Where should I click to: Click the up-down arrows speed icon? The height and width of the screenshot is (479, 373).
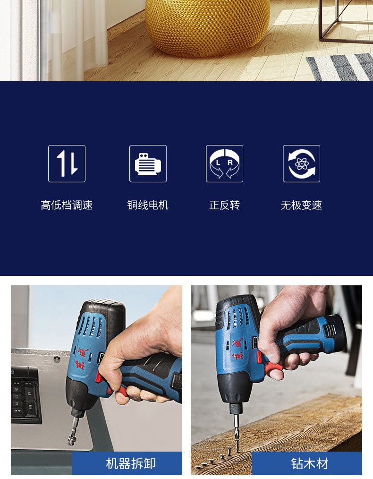(x=67, y=164)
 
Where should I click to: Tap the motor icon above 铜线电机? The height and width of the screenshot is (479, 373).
(x=148, y=164)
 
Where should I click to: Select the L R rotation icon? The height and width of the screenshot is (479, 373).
(x=224, y=164)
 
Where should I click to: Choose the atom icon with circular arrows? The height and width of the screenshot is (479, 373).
(x=301, y=164)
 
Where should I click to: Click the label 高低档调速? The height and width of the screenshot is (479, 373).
(x=67, y=205)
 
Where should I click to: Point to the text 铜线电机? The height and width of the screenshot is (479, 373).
(x=148, y=205)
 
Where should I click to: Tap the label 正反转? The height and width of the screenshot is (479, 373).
(x=224, y=205)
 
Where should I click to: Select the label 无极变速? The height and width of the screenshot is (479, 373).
(x=301, y=205)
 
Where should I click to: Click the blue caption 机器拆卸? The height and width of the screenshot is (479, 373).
(x=131, y=463)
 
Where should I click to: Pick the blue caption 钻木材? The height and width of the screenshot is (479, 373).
(x=310, y=463)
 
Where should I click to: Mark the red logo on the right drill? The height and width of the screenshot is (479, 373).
(x=237, y=348)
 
